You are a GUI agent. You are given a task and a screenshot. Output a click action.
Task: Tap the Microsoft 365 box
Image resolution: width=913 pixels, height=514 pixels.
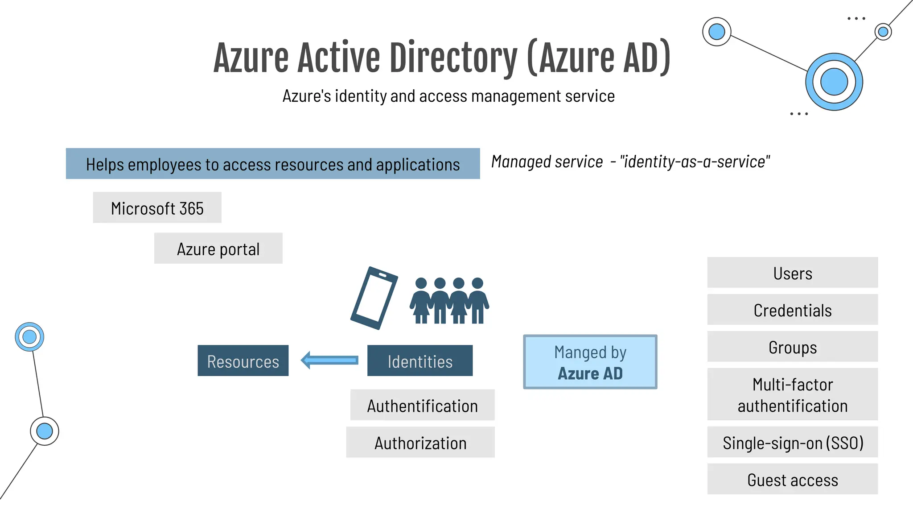pyautogui.click(x=157, y=208)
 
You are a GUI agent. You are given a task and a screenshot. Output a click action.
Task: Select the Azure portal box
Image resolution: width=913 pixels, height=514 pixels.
pyautogui.click(x=218, y=249)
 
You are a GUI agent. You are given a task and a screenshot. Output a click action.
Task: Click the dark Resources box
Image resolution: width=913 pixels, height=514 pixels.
pyautogui.click(x=243, y=361)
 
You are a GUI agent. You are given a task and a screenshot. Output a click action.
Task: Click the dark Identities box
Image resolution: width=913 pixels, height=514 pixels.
pyautogui.click(x=419, y=361)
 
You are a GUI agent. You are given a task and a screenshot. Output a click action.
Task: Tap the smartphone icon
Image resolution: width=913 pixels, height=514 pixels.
pyautogui.click(x=374, y=298)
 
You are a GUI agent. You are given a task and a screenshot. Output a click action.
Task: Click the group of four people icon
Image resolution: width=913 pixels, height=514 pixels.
pyautogui.click(x=449, y=300)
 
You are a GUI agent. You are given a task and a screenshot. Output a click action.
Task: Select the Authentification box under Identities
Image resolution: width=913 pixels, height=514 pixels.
pyautogui.click(x=422, y=405)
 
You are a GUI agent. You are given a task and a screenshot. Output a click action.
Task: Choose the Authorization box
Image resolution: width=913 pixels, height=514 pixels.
pyautogui.click(x=420, y=442)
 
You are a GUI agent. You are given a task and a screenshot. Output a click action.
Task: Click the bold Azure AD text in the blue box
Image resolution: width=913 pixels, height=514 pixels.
pyautogui.click(x=590, y=373)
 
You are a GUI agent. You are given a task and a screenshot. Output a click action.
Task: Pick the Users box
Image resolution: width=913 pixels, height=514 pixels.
pyautogui.click(x=792, y=273)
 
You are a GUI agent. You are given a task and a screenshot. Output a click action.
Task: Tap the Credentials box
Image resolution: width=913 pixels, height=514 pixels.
pyautogui.click(x=792, y=310)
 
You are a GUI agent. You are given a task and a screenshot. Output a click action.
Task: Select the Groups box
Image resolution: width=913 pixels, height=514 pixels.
pyautogui.click(x=792, y=347)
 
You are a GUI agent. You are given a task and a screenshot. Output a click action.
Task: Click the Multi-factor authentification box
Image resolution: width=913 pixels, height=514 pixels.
pyautogui.click(x=792, y=394)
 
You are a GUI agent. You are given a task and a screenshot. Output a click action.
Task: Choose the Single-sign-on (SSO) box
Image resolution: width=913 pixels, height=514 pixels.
pyautogui.click(x=792, y=442)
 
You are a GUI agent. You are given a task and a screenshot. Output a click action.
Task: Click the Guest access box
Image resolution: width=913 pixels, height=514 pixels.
pyautogui.click(x=792, y=479)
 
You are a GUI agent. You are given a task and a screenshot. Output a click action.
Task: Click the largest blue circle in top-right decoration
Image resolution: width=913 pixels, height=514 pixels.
pyautogui.click(x=834, y=82)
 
